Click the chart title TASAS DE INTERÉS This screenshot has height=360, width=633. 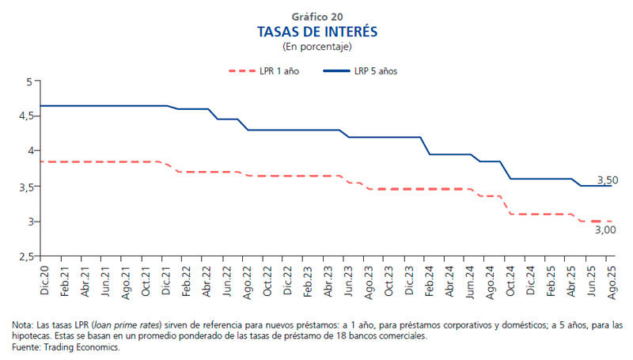316,32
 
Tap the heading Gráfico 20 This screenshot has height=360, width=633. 316,15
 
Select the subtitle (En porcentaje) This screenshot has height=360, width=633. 316,47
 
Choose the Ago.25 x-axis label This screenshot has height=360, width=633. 611,281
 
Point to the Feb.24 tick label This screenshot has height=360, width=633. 430,281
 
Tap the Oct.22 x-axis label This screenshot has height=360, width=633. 267,281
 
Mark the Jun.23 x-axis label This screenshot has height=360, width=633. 348,281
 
